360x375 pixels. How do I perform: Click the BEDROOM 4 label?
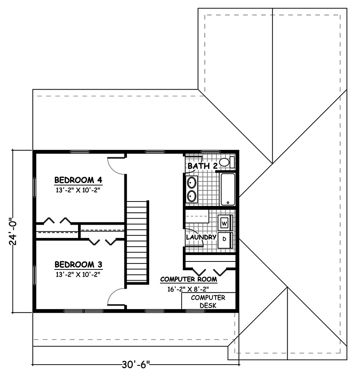(x=78, y=180)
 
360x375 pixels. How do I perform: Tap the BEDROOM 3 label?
(x=78, y=264)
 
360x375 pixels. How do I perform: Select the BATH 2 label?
(x=202, y=166)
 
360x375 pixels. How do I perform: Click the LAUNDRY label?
(x=201, y=237)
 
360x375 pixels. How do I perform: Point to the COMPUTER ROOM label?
(x=188, y=279)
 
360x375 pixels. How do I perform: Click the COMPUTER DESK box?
(x=208, y=301)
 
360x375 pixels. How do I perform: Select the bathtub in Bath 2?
(x=228, y=189)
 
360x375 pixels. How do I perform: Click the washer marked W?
(x=224, y=222)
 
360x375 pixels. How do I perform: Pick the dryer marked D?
(x=224, y=239)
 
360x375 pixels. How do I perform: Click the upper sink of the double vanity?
(x=192, y=183)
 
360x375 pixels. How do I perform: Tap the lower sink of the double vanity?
(x=192, y=196)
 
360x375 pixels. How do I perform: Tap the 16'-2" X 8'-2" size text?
(x=188, y=288)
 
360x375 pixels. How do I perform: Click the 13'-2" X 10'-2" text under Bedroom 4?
(x=78, y=190)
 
